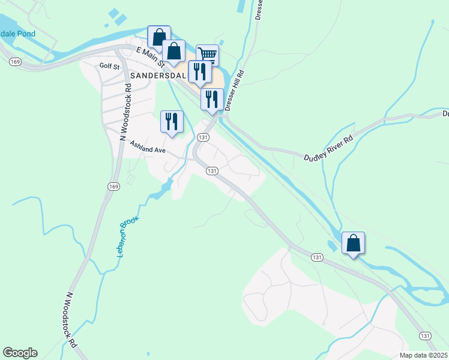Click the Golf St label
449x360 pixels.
pyautogui.click(x=110, y=65)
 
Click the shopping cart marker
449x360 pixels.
pyautogui.click(x=207, y=55)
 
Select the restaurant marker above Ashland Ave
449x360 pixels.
pyautogui.click(x=172, y=122)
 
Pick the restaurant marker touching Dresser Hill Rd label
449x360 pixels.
pyautogui.click(x=212, y=100)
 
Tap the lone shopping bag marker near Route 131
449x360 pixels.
pyautogui.click(x=353, y=243)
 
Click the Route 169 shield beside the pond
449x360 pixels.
pyautogui.click(x=16, y=62)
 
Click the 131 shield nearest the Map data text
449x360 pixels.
pyautogui.click(x=425, y=335)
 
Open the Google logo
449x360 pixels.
pyautogui.click(x=20, y=353)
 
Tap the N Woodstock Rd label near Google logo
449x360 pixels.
pyautogui.click(x=71, y=321)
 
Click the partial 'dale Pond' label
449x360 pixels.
pyautogui.click(x=18, y=33)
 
